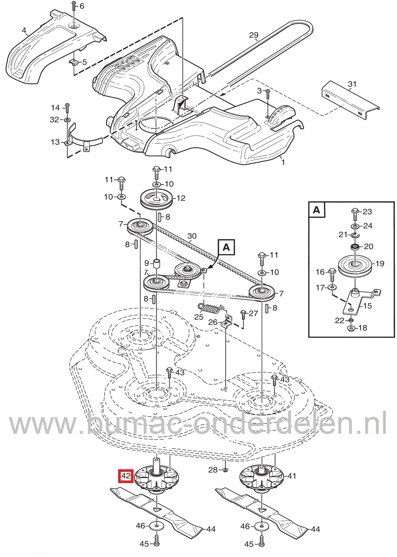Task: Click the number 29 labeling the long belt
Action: click(x=254, y=35)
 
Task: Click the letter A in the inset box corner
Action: click(x=316, y=210)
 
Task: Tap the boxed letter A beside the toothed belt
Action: click(x=226, y=247)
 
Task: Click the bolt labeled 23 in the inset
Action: click(x=355, y=212)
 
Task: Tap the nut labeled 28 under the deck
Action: click(x=225, y=470)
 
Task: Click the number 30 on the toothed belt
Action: click(x=192, y=237)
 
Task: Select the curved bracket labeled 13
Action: click(x=84, y=139)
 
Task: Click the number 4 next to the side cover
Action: click(x=24, y=31)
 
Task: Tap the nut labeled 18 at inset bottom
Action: click(x=350, y=328)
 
